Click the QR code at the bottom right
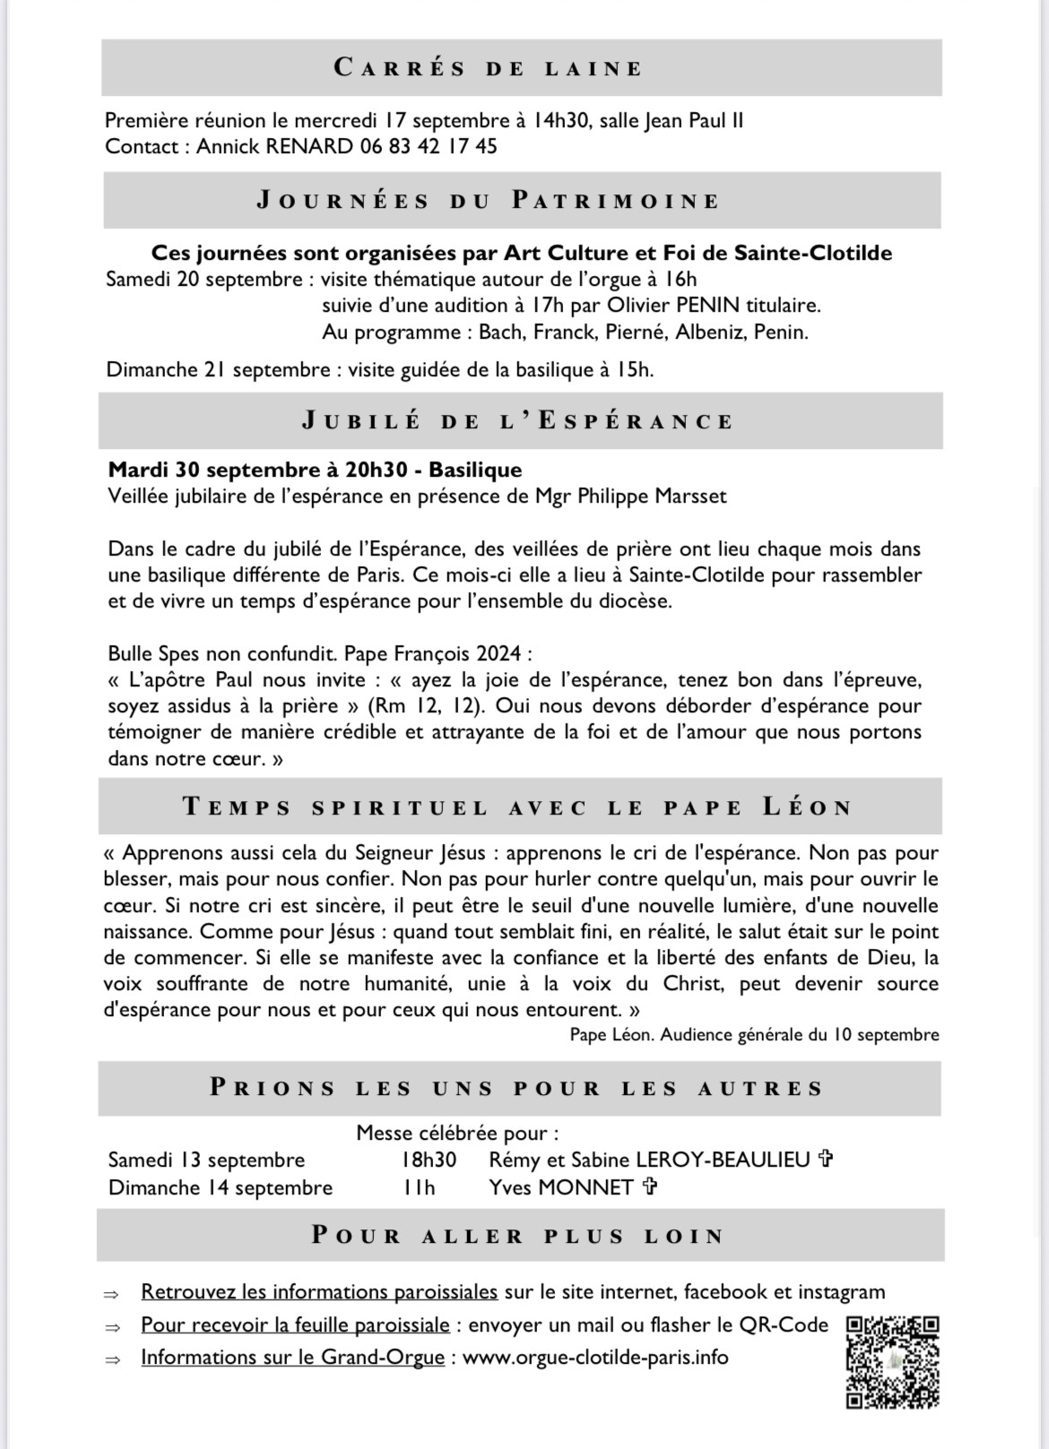[x=892, y=1361]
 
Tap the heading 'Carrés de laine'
[x=489, y=68]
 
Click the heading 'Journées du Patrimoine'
[x=489, y=200]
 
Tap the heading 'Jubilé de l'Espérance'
[x=518, y=421]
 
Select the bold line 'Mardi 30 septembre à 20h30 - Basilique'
[x=315, y=470]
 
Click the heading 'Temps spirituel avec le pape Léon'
[x=518, y=806]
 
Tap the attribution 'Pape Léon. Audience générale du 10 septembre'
[x=754, y=1035]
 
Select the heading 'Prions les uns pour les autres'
[x=517, y=1089]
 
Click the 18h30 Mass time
[x=429, y=1160]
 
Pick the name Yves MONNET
[x=561, y=1187]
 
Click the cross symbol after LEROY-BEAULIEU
[x=826, y=1160]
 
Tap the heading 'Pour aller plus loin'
[x=518, y=1236]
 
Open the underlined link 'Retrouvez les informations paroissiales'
[x=319, y=1292]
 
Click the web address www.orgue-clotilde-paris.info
[x=595, y=1358]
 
